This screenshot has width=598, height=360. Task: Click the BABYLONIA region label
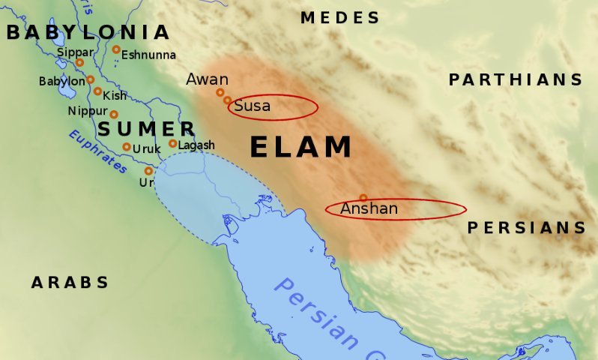(88, 32)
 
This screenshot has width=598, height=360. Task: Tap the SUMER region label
(147, 129)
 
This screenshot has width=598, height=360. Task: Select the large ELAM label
(301, 147)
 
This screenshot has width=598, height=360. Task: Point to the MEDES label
(340, 17)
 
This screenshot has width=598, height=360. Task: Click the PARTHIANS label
(516, 79)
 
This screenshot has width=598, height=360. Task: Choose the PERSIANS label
(527, 228)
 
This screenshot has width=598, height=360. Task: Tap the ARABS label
(70, 283)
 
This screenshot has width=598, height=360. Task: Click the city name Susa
(252, 106)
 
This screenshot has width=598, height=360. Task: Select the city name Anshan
(369, 208)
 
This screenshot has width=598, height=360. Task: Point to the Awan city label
(202, 79)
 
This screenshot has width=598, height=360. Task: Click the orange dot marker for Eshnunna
(116, 49)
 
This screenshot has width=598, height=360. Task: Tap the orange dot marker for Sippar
(79, 62)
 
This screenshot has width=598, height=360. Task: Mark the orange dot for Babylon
(91, 79)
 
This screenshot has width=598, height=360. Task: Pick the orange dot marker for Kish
(97, 91)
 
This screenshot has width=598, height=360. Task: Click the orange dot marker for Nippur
(114, 114)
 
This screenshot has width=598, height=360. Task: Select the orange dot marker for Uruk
(127, 146)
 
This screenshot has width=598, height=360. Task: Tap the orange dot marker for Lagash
(172, 143)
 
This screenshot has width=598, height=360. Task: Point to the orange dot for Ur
(148, 170)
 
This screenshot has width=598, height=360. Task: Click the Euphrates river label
(97, 151)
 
